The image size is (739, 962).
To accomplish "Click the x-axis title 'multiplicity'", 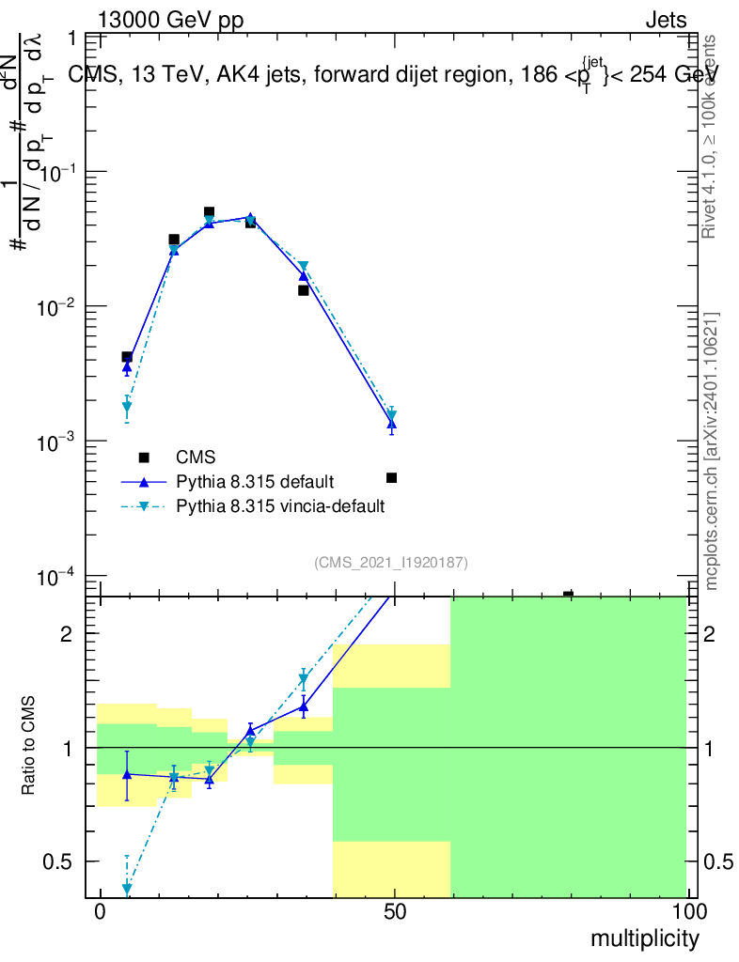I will (644, 939).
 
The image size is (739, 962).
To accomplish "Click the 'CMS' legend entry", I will (196, 458).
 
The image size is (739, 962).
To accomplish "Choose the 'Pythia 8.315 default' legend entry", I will (255, 482).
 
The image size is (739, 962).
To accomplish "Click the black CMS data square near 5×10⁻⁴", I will (392, 478).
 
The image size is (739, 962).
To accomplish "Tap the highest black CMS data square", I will (209, 212).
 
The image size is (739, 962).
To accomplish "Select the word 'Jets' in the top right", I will (666, 21).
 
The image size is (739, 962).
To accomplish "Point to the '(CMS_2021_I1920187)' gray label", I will (391, 562).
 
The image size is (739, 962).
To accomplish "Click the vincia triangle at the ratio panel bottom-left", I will (127, 889).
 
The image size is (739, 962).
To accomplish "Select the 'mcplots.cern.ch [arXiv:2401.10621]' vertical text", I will (712, 451).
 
